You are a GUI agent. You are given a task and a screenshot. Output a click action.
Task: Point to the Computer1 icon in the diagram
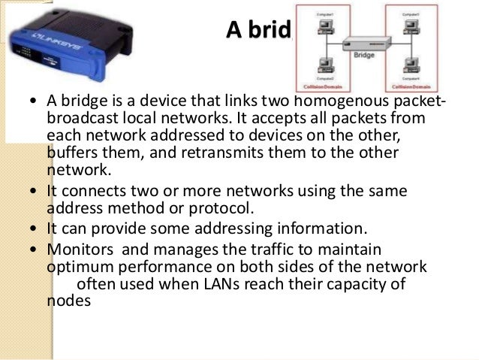coord(325,26)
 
